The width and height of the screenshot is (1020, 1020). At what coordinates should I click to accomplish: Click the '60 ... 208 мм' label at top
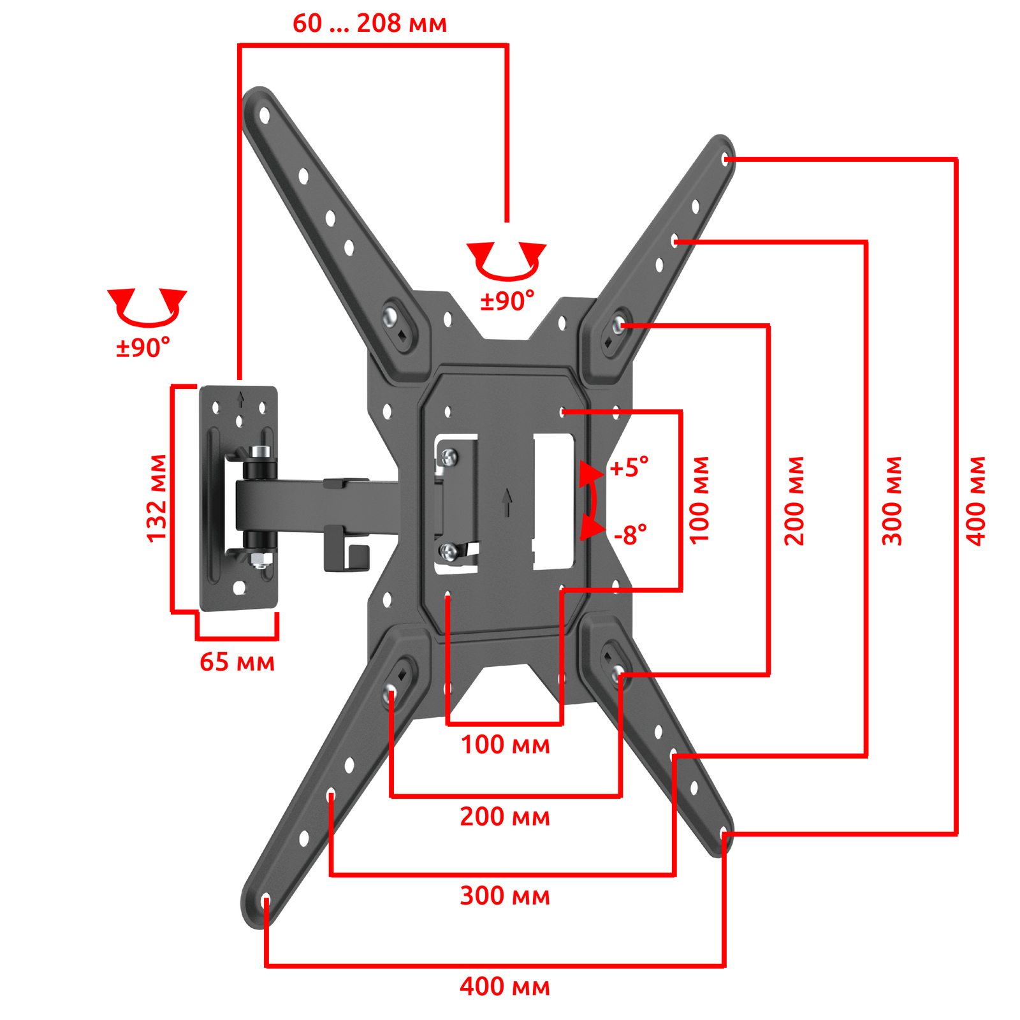coord(370,24)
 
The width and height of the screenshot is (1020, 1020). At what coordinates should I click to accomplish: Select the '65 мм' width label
coord(237,662)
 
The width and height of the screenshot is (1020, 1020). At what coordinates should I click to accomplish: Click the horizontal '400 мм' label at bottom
coord(505,986)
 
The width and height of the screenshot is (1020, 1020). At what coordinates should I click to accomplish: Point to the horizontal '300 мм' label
coord(505,896)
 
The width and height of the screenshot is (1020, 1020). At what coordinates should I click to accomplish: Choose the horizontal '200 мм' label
coord(505,817)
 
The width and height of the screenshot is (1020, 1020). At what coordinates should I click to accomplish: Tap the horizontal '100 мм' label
coord(505,745)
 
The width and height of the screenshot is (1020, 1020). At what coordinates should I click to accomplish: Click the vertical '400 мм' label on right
coord(976,501)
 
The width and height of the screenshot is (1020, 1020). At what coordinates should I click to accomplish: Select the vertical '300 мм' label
coord(892,501)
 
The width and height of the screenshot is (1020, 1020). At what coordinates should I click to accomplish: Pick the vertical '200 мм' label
coord(794,501)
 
